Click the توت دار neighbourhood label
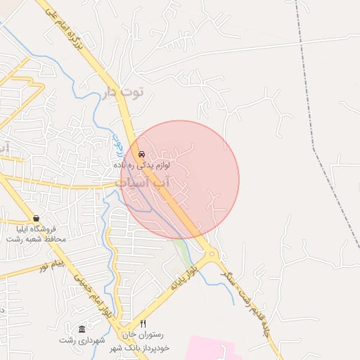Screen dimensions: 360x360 (x=122, y=91)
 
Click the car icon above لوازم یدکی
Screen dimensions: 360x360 (x=141, y=153)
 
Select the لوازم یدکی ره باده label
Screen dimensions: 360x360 (x=148, y=165)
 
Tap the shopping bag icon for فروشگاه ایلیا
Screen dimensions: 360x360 (x=36, y=218)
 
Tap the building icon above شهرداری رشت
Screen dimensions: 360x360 (x=82, y=329)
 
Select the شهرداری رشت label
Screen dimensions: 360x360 (x=83, y=340)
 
